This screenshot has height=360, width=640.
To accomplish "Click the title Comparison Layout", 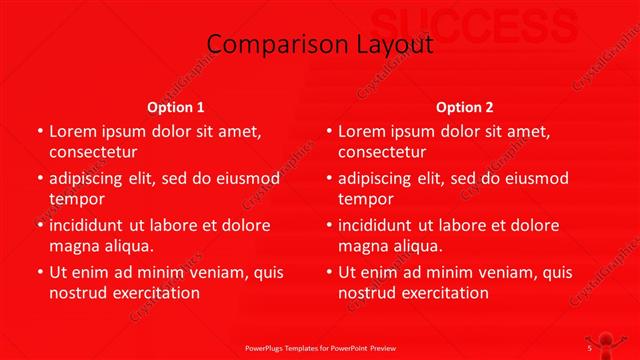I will pyautogui.click(x=320, y=44).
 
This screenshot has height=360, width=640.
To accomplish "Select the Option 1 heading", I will pyautogui.click(x=176, y=107).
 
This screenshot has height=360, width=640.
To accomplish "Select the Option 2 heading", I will pyautogui.click(x=465, y=107).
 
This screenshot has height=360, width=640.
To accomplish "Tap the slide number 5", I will pyautogui.click(x=590, y=348).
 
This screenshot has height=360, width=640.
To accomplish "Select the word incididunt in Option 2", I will pyautogui.click(x=380, y=225).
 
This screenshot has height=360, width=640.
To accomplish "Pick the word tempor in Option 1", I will pyautogui.click(x=77, y=199).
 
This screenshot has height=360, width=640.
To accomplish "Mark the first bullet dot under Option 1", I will pyautogui.click(x=39, y=131).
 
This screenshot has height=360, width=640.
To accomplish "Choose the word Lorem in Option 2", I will pyautogui.click(x=362, y=131).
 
